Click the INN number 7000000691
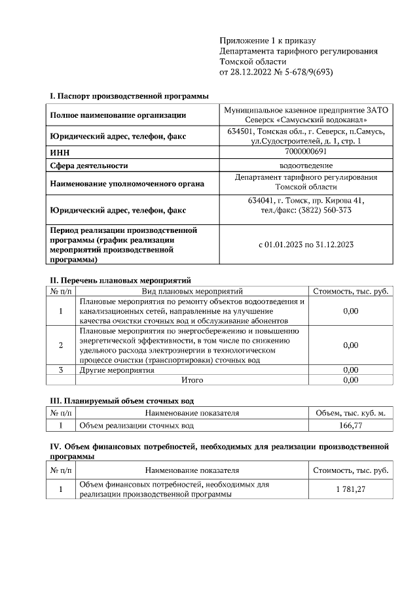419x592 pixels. pos(306,152)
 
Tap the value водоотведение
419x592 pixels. pos(306,165)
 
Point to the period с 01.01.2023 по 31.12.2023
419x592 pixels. pos(306,245)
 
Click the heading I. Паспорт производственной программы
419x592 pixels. pos(129,96)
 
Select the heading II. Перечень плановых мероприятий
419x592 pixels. pos(120,280)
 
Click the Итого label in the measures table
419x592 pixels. pos(192,379)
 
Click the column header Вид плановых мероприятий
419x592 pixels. pos(192,291)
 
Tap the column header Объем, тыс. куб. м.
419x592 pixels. pos(350,413)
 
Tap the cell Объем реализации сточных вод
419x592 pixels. pos(136,426)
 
